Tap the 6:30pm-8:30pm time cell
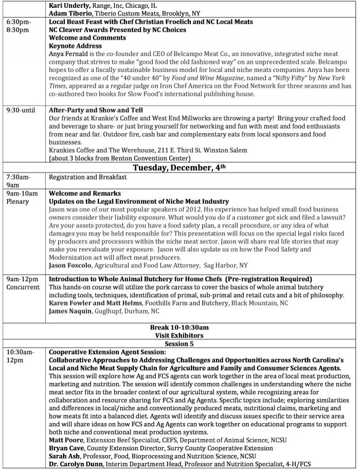point(19,26)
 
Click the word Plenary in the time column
point(18,201)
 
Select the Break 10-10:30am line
point(179,327)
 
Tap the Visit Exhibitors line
point(179,335)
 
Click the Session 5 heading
point(179,343)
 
